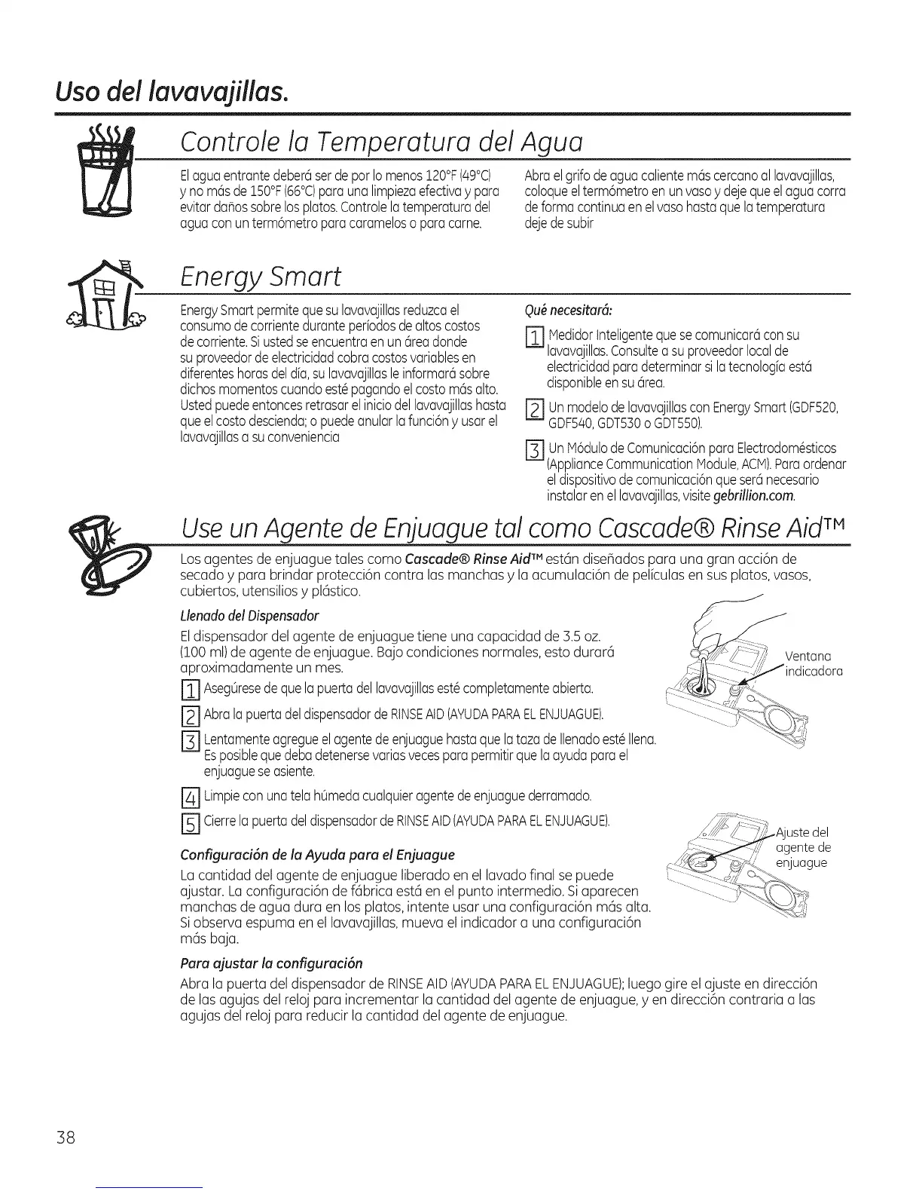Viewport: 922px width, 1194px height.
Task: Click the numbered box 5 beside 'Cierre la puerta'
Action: [x=189, y=823]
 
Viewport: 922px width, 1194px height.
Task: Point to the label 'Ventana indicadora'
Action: [x=812, y=663]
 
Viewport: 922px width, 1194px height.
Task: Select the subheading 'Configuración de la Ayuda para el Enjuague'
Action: [x=317, y=854]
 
